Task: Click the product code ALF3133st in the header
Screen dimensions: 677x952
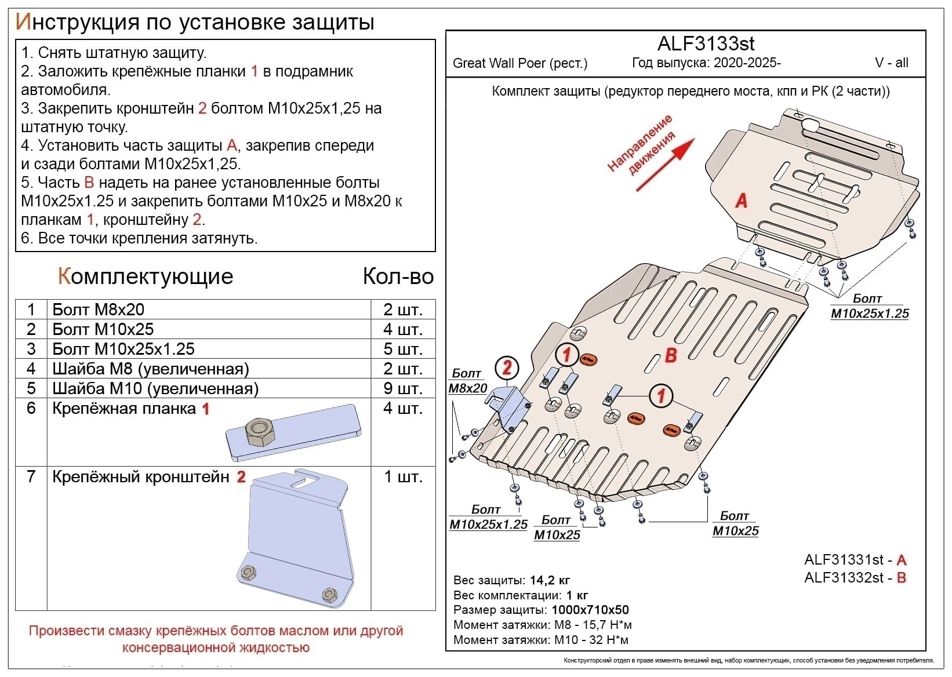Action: (706, 43)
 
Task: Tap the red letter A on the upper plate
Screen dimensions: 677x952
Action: (741, 201)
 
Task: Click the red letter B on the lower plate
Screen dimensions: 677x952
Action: (671, 355)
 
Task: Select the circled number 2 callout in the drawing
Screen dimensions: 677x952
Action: (507, 367)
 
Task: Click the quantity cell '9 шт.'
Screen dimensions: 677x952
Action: (402, 388)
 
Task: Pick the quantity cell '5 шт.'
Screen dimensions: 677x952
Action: (402, 349)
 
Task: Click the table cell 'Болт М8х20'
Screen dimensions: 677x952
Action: (98, 310)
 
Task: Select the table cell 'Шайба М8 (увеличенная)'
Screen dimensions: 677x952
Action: (151, 369)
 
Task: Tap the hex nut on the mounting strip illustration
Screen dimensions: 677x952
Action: (259, 432)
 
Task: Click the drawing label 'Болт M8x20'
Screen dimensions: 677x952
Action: (467, 381)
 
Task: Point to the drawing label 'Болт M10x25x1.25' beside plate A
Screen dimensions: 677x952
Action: (869, 307)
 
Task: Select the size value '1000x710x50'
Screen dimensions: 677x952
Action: (590, 610)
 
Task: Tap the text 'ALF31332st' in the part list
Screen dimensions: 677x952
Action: (844, 578)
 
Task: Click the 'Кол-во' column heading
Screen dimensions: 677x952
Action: (398, 276)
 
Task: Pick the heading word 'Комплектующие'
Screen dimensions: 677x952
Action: (146, 276)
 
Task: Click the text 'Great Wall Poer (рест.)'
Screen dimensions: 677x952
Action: (520, 63)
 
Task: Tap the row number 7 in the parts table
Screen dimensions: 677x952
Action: (31, 476)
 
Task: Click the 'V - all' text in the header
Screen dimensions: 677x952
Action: (891, 63)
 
